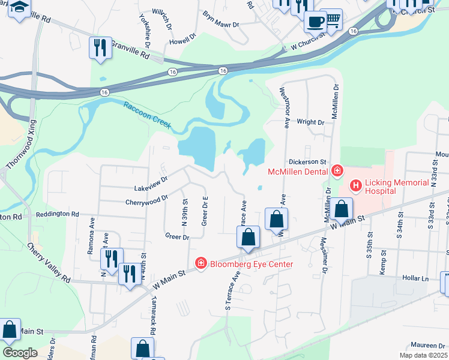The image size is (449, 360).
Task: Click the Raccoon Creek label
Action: tap(148, 115)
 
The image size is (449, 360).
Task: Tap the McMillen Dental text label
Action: tap(297, 172)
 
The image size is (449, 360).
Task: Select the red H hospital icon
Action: tap(356, 185)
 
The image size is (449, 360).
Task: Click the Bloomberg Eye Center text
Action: tap(251, 264)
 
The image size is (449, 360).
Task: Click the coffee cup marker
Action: tap(315, 22)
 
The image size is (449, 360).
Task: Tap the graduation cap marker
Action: tap(19, 8)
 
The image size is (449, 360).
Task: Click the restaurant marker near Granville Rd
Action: tap(100, 47)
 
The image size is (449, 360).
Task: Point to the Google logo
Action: tap(20, 352)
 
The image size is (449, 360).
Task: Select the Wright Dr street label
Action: tap(310, 122)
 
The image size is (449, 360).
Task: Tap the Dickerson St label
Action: tap(306, 161)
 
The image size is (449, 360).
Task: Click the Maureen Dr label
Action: tap(427, 346)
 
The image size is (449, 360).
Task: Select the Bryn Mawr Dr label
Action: tap(220, 20)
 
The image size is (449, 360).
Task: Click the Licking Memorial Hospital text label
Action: tap(397, 187)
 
